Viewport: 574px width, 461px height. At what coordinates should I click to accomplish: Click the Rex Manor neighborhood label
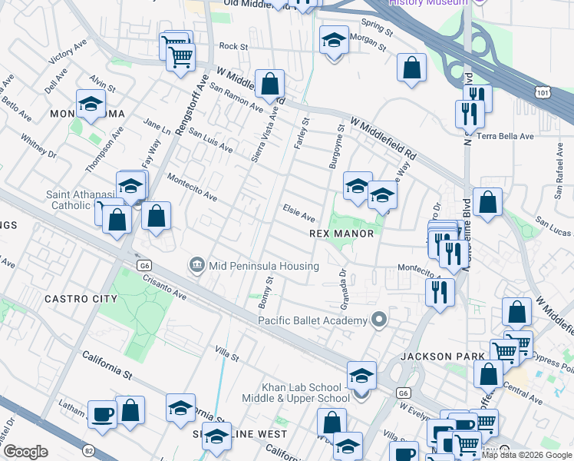point(341,234)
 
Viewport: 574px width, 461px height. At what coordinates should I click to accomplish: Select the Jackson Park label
point(443,357)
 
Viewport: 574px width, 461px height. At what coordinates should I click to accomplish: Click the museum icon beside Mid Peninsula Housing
point(197,266)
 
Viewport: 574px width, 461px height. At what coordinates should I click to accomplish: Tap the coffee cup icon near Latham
point(102,415)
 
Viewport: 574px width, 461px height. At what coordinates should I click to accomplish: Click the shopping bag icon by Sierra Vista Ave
point(269,84)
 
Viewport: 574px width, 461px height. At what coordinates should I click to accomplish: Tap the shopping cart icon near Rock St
point(180,55)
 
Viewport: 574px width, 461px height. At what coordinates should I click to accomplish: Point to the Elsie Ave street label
point(299,212)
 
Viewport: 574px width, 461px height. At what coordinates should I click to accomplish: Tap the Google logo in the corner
point(25,452)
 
